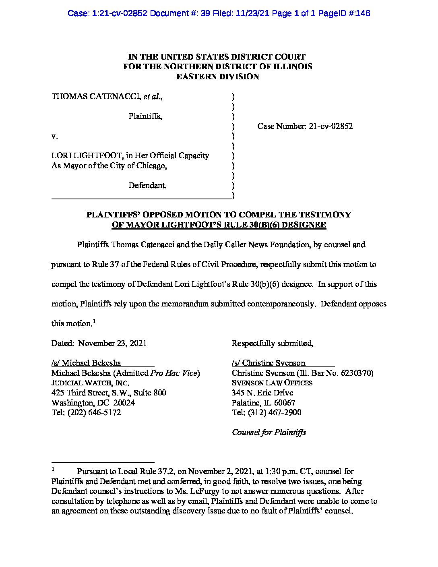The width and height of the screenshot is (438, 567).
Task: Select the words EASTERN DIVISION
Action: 217,77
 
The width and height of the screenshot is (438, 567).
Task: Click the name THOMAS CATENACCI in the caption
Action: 94,97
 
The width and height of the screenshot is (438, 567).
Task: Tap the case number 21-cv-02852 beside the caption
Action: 331,126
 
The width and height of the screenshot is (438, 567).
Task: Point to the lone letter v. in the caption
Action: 55,136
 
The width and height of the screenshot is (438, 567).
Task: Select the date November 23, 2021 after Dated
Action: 112,343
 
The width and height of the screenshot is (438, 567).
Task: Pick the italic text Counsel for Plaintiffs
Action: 269,432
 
